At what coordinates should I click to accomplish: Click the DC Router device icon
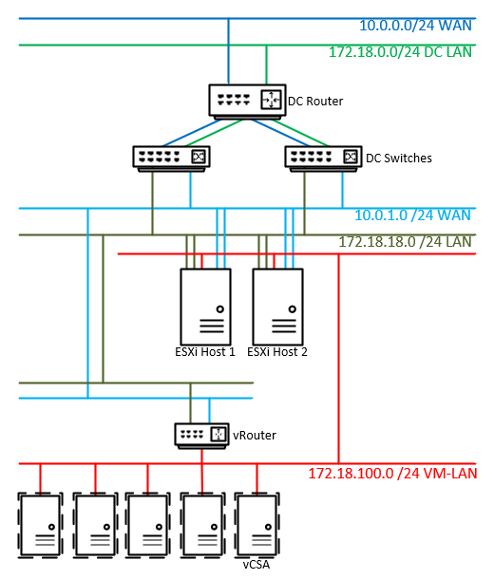[247, 102]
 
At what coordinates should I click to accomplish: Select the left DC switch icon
[171, 159]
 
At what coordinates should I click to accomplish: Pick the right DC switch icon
[323, 159]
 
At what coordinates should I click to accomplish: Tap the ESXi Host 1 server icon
[205, 307]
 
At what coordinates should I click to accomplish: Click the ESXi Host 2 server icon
[277, 307]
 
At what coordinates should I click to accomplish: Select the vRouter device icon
[201, 436]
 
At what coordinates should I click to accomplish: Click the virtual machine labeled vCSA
[257, 525]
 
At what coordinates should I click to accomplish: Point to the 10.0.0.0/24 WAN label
[416, 26]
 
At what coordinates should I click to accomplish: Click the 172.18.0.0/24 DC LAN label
[401, 52]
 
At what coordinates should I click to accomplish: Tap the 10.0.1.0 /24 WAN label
[412, 215]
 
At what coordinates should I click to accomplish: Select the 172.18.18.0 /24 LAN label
[406, 242]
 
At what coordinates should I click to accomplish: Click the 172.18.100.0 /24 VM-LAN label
[392, 474]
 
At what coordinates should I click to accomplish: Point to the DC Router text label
[315, 102]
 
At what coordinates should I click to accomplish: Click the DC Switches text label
[399, 159]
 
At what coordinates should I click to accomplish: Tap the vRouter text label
[255, 436]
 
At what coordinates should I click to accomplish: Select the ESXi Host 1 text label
[205, 352]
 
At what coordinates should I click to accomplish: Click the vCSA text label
[256, 565]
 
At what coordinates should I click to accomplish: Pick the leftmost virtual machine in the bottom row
[40, 525]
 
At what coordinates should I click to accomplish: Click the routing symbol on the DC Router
[271, 100]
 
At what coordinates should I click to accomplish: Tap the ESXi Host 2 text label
[277, 352]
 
